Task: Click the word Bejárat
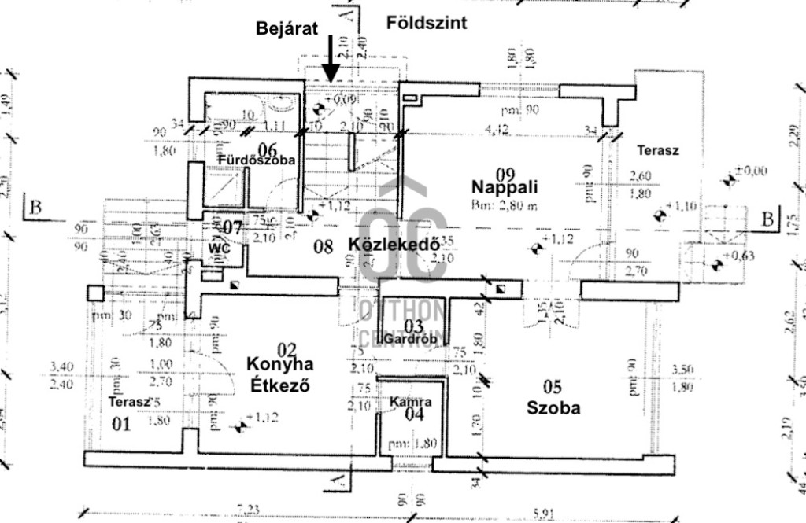(287, 29)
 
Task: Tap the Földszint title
(427, 23)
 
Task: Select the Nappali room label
(505, 187)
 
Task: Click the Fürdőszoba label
(257, 160)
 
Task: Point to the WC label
(218, 248)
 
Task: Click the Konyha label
(280, 364)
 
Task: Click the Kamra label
(410, 402)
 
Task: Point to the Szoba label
(553, 408)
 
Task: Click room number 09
(505, 172)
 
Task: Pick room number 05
(553, 386)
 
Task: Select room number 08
(323, 247)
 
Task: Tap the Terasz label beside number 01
(129, 402)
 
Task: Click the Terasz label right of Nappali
(657, 149)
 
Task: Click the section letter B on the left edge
(35, 208)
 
